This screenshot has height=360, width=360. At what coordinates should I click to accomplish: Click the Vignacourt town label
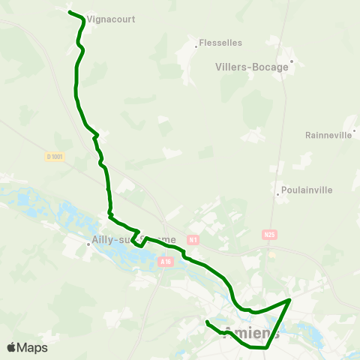(x=111, y=19)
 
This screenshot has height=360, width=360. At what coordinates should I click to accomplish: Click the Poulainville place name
(x=306, y=190)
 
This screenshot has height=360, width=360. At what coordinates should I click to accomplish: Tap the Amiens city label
(x=252, y=333)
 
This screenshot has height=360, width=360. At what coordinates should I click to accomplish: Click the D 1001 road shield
(x=55, y=157)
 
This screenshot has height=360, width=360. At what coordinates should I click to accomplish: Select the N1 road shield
(x=193, y=240)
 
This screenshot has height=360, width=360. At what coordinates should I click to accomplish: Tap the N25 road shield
(x=270, y=235)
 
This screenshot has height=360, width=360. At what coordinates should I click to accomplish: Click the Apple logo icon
(x=11, y=348)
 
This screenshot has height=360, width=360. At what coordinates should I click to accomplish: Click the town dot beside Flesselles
(x=196, y=46)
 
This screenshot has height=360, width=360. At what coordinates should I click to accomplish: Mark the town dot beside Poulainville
(x=277, y=193)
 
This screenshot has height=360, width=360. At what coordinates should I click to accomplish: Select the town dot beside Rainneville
(x=354, y=130)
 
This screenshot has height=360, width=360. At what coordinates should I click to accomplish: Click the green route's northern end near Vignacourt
(x=70, y=13)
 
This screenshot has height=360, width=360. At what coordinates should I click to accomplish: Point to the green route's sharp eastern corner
(x=290, y=299)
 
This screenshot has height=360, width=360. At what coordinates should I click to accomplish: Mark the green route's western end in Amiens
(x=207, y=322)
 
